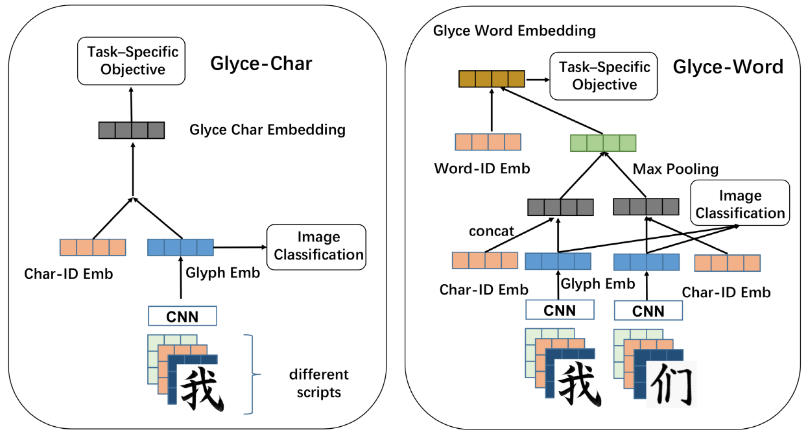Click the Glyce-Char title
tap(261, 64)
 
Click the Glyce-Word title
tap(728, 66)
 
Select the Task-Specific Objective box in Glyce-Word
tap(604, 77)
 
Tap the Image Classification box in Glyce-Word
tap(740, 204)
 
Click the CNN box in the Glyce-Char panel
tap(182, 317)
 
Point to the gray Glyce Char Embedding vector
tap(132, 130)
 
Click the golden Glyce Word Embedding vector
tap(491, 79)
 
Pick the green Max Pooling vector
tap(602, 143)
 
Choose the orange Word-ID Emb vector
tap(488, 142)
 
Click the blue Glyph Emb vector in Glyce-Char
tap(180, 247)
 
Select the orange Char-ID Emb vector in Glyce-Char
tap(93, 247)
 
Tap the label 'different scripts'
tap(318, 383)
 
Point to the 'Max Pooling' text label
tap(676, 169)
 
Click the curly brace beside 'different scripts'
tap(251, 374)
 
